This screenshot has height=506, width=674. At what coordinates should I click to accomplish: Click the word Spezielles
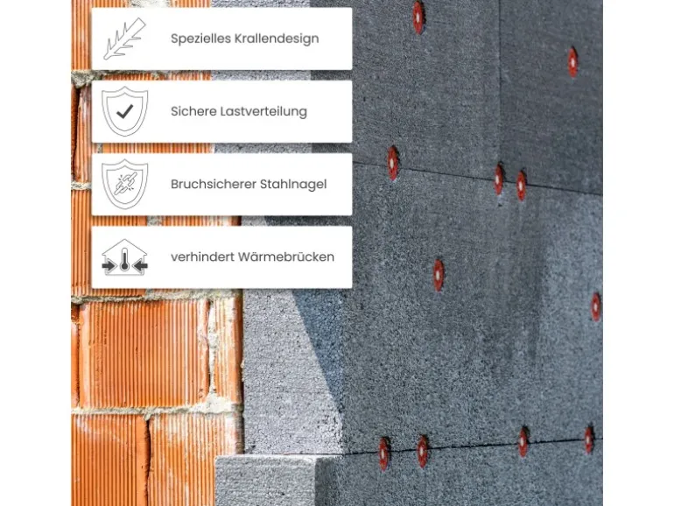point(196,39)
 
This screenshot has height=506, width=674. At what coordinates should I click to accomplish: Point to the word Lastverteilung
point(263,112)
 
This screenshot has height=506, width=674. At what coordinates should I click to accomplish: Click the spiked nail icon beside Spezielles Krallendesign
point(124,39)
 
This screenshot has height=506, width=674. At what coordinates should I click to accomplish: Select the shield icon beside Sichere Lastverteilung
point(124,112)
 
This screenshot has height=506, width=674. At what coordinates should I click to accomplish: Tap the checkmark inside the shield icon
point(124,111)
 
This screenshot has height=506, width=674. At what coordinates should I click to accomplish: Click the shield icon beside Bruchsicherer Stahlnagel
point(124,185)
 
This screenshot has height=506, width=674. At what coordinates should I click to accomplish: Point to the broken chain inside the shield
point(124,184)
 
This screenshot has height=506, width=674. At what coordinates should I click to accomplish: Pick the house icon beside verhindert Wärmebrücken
point(124,257)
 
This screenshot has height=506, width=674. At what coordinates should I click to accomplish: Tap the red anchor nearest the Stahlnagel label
point(393,163)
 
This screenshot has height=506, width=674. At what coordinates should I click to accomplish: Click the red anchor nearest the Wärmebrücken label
point(439,274)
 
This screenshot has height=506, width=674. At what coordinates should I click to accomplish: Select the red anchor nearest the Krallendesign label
point(418,15)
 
